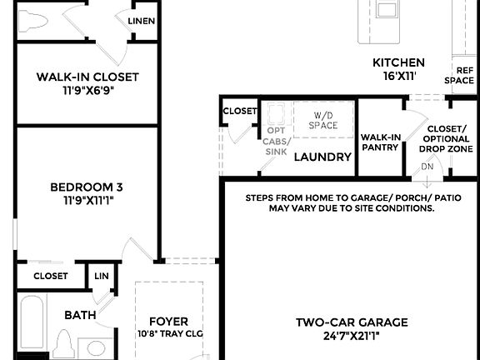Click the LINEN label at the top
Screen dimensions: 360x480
(141, 21)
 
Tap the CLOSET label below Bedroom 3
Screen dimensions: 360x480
(51, 276)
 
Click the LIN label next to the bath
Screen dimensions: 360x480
(101, 276)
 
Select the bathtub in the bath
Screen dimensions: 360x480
(34, 325)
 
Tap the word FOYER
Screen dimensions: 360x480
(168, 322)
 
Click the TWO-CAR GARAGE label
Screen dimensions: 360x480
(352, 322)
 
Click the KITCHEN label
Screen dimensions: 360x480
(398, 62)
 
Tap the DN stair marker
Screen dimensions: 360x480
(427, 166)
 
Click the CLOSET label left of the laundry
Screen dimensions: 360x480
(240, 111)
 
